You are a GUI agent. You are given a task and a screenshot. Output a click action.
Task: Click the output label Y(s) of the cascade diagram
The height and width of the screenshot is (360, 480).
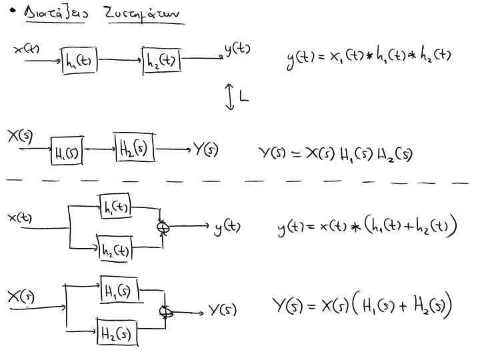205,149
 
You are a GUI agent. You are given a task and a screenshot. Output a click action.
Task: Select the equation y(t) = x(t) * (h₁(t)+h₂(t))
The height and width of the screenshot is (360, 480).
367,228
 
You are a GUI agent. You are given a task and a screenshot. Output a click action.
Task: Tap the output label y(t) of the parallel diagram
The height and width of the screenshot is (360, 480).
227,228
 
